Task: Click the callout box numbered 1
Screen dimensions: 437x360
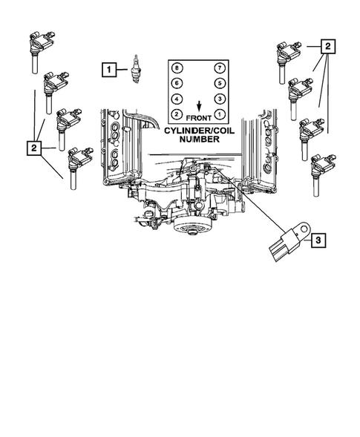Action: click(109, 70)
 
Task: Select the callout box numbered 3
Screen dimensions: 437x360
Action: click(318, 240)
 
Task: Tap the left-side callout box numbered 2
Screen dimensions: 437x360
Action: click(34, 148)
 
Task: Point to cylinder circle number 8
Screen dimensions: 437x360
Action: click(177, 69)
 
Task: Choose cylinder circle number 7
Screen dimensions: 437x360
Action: click(220, 69)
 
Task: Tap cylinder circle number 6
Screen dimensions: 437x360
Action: click(177, 85)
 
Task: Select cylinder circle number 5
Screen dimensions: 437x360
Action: click(220, 85)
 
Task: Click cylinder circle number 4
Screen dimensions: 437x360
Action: click(177, 99)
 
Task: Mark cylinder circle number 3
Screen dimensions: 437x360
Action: click(220, 99)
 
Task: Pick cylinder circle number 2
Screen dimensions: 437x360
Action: click(177, 114)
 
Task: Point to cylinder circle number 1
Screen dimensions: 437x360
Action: click(220, 114)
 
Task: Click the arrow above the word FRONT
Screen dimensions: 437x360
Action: click(198, 105)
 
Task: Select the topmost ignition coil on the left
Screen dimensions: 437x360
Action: click(38, 46)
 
